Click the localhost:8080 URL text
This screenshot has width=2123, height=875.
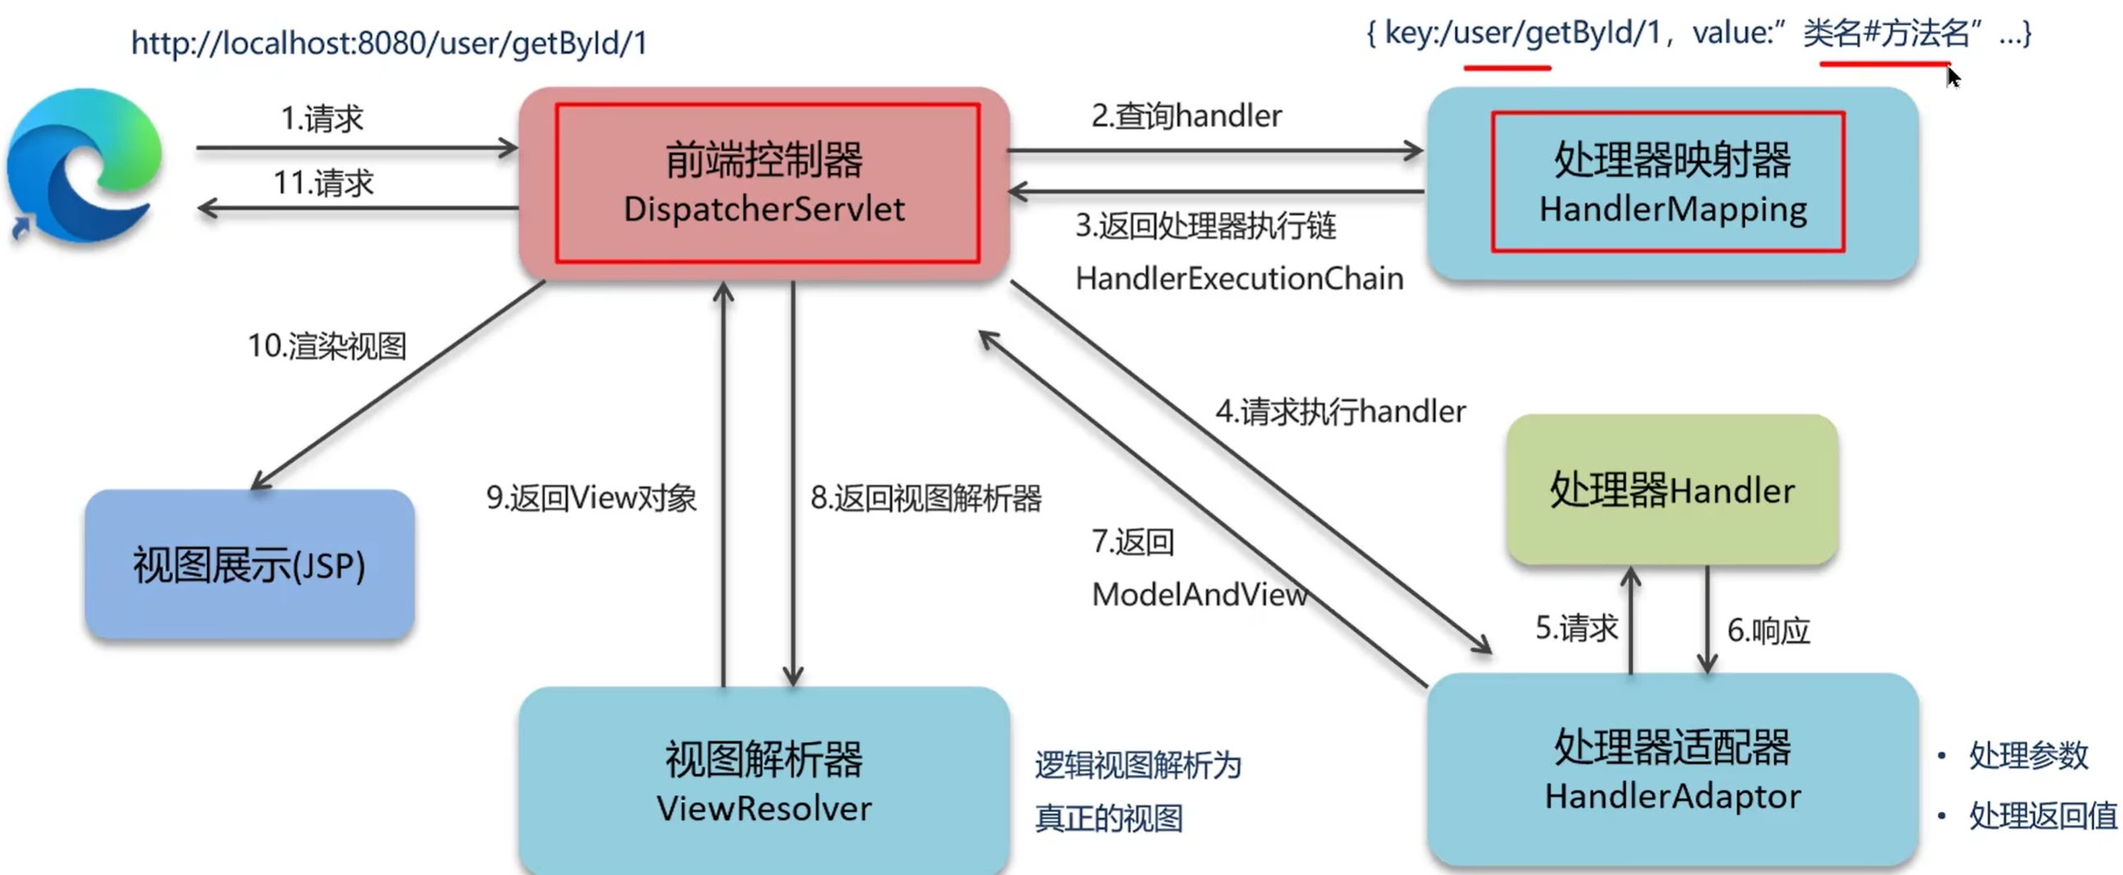pos(389,43)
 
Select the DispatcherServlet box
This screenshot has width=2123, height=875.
pos(764,184)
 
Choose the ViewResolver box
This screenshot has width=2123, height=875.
pos(764,781)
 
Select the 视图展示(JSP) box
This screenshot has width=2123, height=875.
pos(249,566)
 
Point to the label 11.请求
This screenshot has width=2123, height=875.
pos(323,182)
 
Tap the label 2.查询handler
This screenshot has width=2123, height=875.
pos(1186,117)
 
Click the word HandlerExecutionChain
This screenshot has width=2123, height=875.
pos(1239,278)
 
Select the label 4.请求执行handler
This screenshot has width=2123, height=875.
pos(1340,411)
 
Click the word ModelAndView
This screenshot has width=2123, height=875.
pos(1199,594)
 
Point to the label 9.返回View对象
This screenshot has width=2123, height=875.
pos(591,497)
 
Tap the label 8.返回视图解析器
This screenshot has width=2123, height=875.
pos(925,497)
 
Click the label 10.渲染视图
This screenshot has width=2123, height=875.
pos(328,346)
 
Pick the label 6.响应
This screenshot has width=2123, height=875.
pos(1768,630)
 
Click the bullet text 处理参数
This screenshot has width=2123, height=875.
pos(2029,754)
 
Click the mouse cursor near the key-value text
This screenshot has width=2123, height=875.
pos(1952,76)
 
